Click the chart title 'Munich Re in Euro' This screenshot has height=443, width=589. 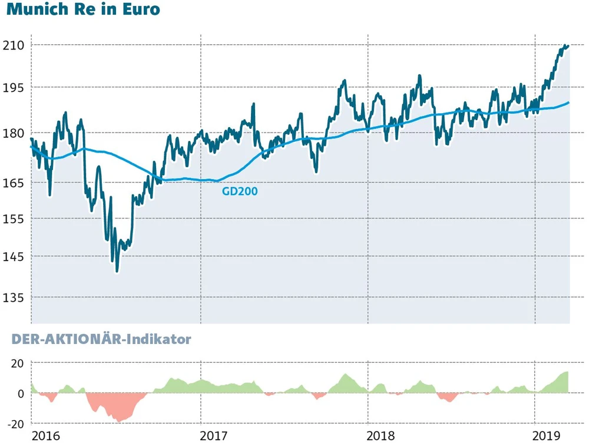point(83,11)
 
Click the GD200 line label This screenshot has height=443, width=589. point(240,191)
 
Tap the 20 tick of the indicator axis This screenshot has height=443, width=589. point(18,363)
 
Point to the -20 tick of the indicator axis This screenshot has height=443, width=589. point(15,424)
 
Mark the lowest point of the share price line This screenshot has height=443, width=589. point(117,272)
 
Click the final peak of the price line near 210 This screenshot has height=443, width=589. point(566,45)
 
